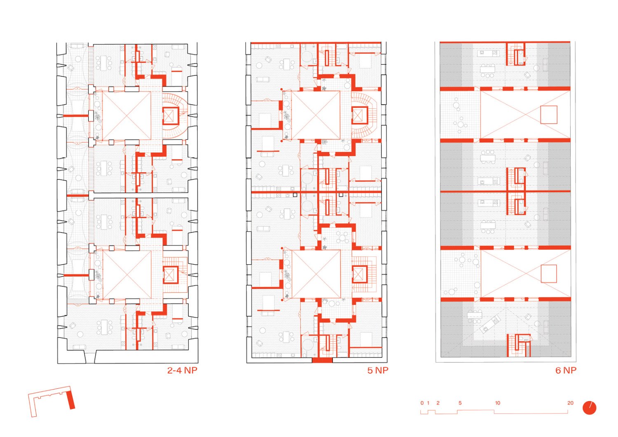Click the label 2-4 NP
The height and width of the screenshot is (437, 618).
pyautogui.click(x=182, y=370)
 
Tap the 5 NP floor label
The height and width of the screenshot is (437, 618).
pyautogui.click(x=378, y=370)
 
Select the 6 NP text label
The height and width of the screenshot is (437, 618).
pyautogui.click(x=566, y=370)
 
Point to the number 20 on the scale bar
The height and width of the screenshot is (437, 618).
pyautogui.click(x=570, y=403)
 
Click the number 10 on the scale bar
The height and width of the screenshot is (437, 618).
pyautogui.click(x=497, y=403)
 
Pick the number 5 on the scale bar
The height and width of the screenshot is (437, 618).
pyautogui.click(x=460, y=403)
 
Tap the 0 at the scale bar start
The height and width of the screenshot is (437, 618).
pyautogui.click(x=422, y=403)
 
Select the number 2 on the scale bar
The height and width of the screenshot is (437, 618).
pyautogui.click(x=438, y=403)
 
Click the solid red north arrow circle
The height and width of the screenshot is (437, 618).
pyautogui.click(x=589, y=408)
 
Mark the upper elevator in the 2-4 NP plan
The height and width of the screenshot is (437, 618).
pyautogui.click(x=171, y=116)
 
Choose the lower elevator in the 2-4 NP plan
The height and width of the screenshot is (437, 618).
pyautogui.click(x=170, y=275)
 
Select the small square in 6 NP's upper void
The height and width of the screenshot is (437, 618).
pyautogui.click(x=549, y=115)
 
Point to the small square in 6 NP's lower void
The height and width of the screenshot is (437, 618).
pyautogui.click(x=549, y=274)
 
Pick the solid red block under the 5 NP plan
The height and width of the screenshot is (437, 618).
pyautogui.click(x=322, y=360)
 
